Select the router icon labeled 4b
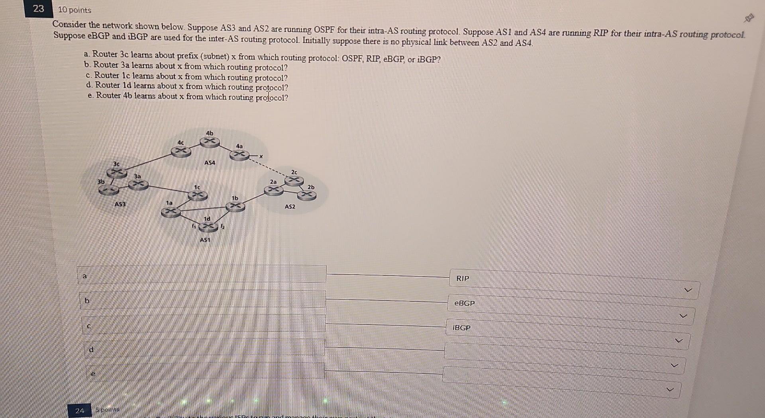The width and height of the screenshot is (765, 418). (x=210, y=141)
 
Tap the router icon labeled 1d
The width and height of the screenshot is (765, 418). (x=208, y=227)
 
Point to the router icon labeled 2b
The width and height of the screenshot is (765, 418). (x=307, y=195)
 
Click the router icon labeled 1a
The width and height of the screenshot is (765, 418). (x=171, y=212)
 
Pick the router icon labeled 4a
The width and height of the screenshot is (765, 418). (x=239, y=154)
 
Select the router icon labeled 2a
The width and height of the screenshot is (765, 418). (x=274, y=190)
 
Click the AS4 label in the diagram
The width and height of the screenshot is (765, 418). (x=210, y=163)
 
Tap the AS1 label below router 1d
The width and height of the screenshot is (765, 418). (x=205, y=240)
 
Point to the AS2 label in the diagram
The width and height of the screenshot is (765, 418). (x=290, y=207)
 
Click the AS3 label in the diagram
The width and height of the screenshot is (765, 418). (x=120, y=204)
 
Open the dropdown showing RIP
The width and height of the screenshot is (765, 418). (x=574, y=284)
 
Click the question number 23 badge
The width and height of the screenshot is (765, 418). (x=38, y=8)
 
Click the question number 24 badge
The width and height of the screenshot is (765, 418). (x=80, y=410)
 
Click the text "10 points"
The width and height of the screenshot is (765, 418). (x=75, y=10)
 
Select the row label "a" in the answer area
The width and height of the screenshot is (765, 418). (x=84, y=275)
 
